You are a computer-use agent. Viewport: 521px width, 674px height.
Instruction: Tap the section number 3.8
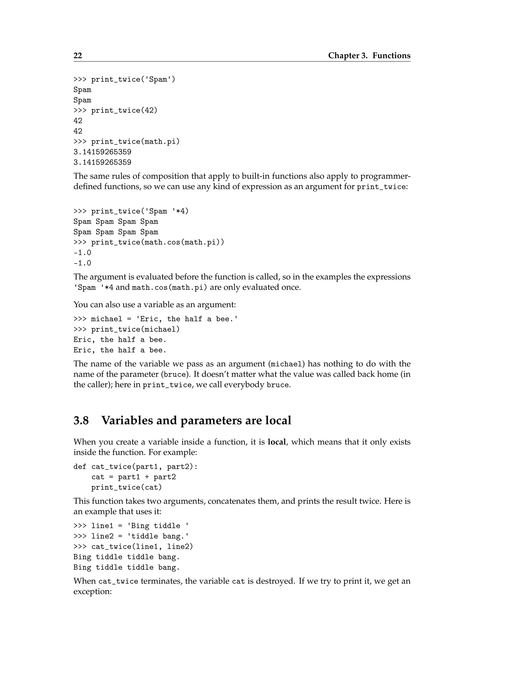81,420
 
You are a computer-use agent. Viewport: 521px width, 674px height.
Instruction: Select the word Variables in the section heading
127,420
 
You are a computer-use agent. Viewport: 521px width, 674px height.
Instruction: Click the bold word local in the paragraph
277,442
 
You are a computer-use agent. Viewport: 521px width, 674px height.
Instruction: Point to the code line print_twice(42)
124,110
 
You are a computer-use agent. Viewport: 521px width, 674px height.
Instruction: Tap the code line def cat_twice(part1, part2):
135,467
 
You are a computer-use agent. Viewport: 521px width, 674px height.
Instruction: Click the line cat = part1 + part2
133,477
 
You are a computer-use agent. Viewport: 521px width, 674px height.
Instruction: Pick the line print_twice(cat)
126,488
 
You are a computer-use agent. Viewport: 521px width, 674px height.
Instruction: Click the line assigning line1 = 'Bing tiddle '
131,526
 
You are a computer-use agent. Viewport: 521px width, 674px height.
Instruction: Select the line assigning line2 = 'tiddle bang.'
131,536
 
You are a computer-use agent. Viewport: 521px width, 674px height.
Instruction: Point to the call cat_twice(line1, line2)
142,547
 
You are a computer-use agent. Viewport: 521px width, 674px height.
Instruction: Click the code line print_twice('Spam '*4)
139,211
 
